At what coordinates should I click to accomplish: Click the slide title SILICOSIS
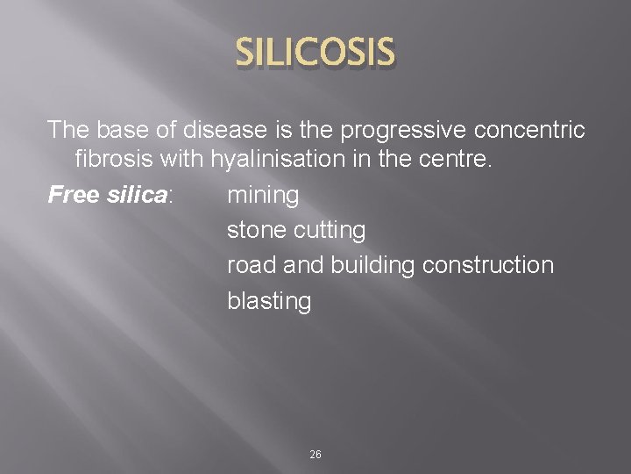[315, 55]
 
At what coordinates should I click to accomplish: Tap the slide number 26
[315, 455]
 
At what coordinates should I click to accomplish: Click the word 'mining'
[263, 195]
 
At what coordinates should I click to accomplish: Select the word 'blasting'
[269, 301]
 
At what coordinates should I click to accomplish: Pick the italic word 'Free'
[70, 195]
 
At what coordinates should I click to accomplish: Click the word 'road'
[251, 265]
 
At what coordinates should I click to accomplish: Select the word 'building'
[376, 265]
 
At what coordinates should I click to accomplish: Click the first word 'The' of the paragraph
[67, 131]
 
